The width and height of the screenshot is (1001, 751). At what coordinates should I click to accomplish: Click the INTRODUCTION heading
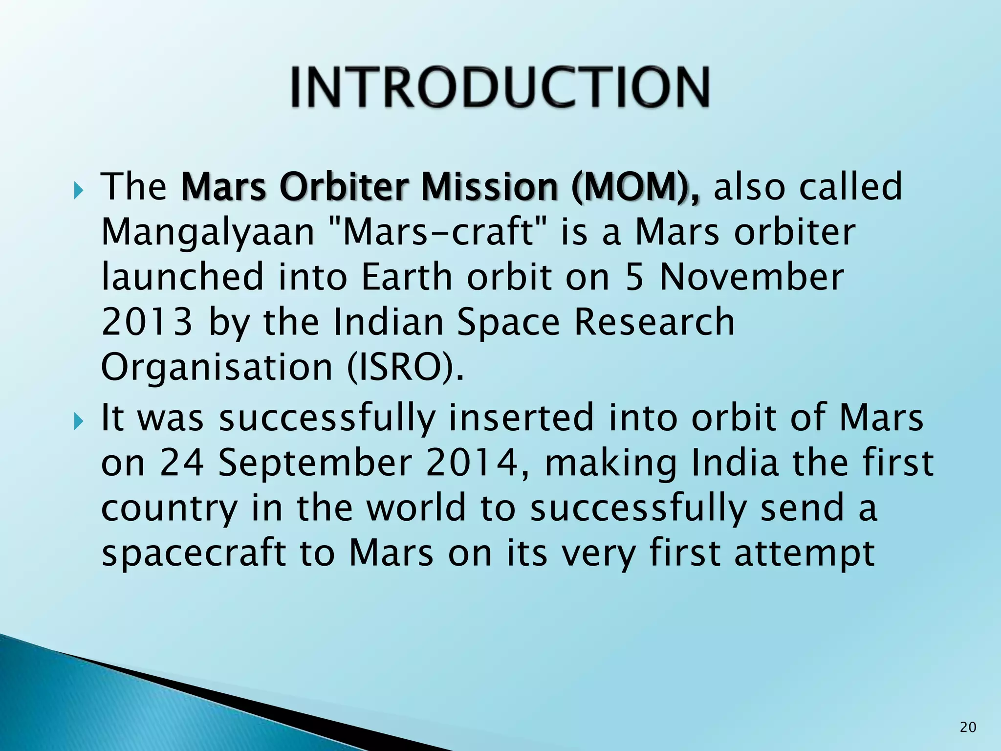(500, 87)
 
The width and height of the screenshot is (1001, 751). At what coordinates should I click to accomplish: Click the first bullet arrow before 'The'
(80, 189)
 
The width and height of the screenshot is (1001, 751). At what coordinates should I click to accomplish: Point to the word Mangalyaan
(207, 233)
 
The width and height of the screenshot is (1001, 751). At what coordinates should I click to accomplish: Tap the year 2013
(146, 322)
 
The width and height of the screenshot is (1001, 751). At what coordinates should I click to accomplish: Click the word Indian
(388, 322)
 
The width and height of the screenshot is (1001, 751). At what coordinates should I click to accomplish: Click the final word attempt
(804, 554)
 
